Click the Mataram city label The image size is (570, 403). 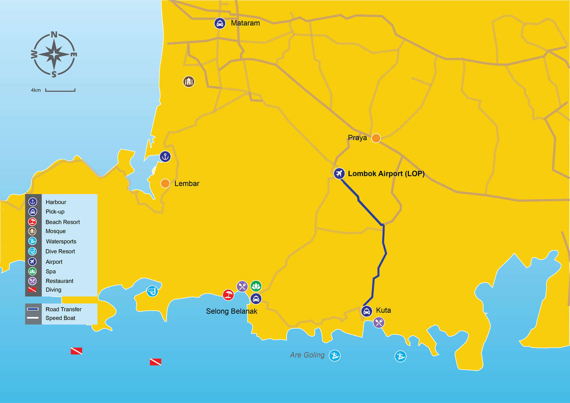click(245, 23)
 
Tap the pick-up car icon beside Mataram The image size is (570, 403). click(220, 23)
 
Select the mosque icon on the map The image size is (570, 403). click(189, 81)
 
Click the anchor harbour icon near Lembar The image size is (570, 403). click(165, 156)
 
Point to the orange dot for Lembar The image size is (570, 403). click(165, 183)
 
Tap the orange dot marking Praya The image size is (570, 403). click(376, 138)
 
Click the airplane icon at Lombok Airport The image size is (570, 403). click(339, 174)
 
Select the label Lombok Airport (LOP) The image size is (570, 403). click(386, 174)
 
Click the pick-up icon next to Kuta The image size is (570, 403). click(366, 311)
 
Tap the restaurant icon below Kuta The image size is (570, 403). click(379, 322)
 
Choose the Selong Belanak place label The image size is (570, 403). click(232, 311)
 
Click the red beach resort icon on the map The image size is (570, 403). click(228, 294)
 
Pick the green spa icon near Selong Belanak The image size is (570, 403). click(256, 286)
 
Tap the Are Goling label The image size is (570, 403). click(307, 355)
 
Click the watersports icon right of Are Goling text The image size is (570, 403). click(334, 355)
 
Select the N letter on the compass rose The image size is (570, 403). click(54, 35)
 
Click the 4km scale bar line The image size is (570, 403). click(60, 91)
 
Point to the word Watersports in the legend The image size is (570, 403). click(61, 241)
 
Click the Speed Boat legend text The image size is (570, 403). click(60, 318)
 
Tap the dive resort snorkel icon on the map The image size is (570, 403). click(152, 291)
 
